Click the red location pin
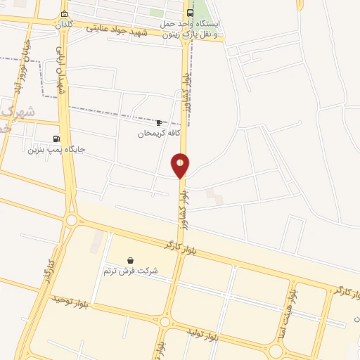tap(180, 165)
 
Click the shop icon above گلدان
tap(65, 13)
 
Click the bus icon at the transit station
tap(190, 13)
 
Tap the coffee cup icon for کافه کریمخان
tap(159, 122)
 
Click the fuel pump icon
tap(56, 139)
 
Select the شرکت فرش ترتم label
tap(131, 271)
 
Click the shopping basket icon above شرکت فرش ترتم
tap(131, 260)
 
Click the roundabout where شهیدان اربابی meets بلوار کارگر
tap(71, 221)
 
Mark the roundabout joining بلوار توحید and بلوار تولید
tap(164, 322)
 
